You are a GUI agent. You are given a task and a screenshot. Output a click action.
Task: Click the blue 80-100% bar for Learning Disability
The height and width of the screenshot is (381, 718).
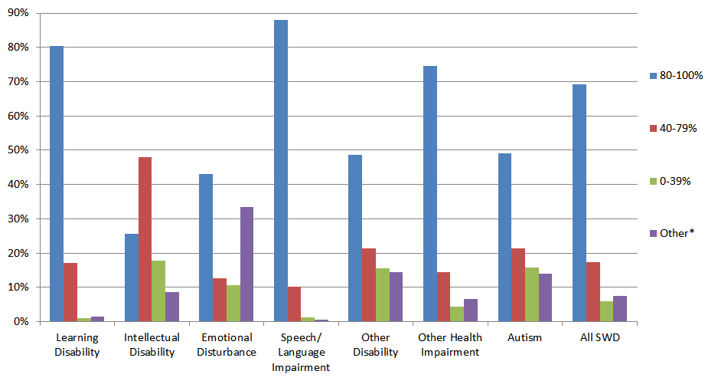(x=57, y=184)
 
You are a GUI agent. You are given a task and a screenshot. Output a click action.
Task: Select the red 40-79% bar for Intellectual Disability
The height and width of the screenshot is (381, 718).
(x=145, y=239)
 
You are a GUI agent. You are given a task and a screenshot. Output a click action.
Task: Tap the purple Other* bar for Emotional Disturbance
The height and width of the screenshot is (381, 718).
(x=246, y=264)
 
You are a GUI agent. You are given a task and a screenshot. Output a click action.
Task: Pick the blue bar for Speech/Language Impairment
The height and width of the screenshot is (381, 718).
(x=281, y=171)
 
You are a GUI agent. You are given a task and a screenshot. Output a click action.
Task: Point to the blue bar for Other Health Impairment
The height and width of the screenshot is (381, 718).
(x=430, y=194)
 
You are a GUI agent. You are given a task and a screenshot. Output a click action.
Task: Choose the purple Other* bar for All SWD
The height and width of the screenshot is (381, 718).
(x=620, y=309)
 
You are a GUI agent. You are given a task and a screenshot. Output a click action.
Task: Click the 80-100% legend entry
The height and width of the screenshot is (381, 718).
(x=676, y=75)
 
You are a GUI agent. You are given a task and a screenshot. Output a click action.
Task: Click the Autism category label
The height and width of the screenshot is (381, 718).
(x=525, y=338)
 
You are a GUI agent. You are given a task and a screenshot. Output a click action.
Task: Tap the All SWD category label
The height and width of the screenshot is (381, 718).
(x=600, y=338)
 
